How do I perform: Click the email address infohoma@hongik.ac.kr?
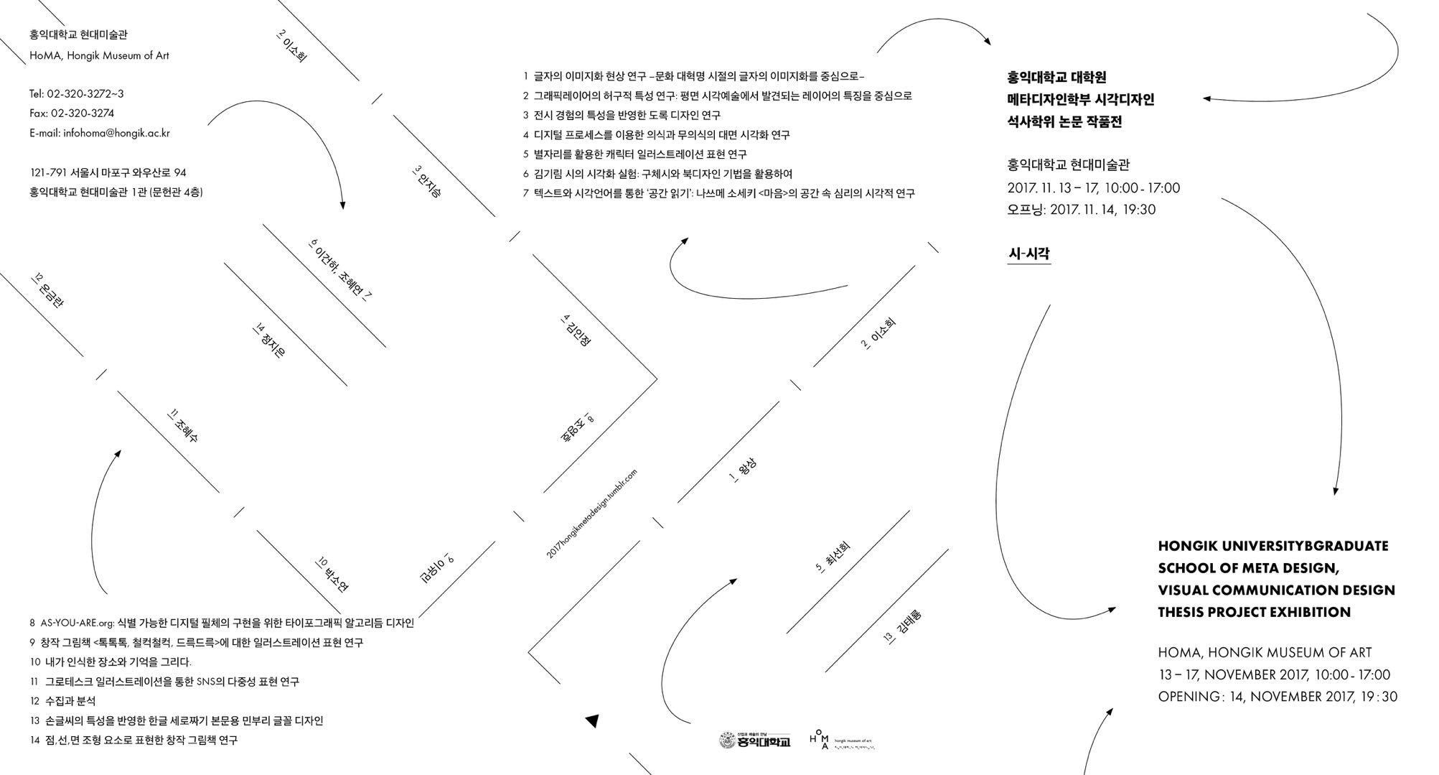[100, 133]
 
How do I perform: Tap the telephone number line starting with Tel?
[77, 94]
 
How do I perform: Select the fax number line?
[72, 113]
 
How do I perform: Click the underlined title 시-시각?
[1029, 254]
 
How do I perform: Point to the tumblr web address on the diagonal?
[592, 514]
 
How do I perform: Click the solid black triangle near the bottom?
[592, 720]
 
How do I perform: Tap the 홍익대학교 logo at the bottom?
[754, 740]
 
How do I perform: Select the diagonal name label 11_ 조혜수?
[182, 426]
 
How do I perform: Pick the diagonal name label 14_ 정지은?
[269, 341]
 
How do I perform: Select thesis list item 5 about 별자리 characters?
[635, 154]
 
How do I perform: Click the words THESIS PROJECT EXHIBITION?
[1254, 613]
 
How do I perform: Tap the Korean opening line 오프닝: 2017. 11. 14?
[1081, 210]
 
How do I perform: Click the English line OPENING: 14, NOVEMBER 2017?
[1277, 697]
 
